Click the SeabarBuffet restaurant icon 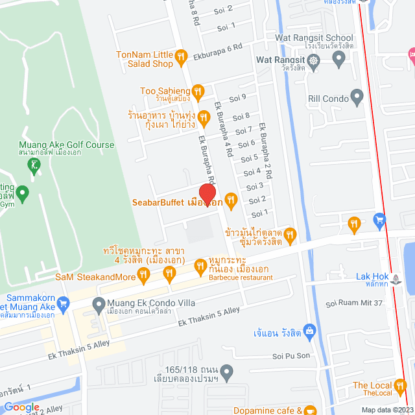pos(230,199)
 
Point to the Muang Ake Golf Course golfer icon pos(34,166)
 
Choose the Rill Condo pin pos(356,98)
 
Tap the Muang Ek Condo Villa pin pos(99,303)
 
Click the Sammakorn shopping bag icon pos(62,303)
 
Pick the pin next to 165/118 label pos(226,373)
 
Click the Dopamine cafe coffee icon pos(310,410)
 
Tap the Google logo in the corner pos(21,407)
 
